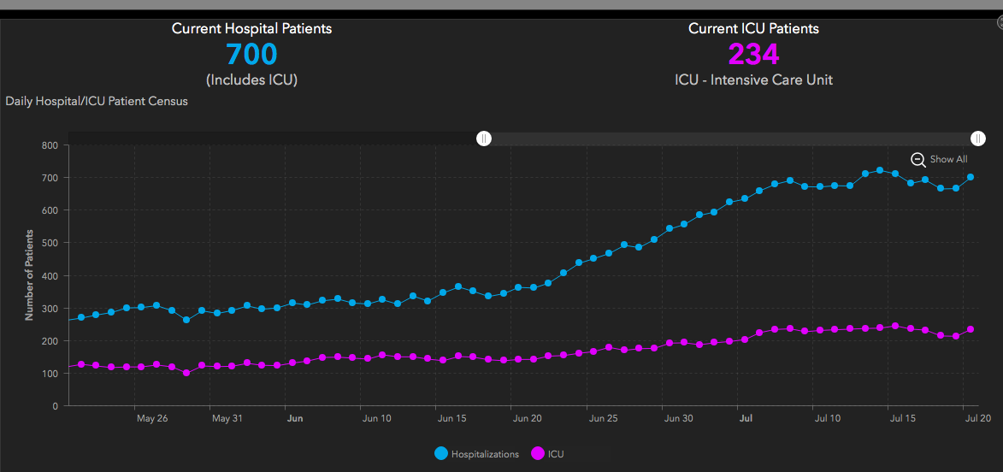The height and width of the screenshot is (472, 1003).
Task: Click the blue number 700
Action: (251, 55)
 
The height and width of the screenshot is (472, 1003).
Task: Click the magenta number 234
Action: (753, 55)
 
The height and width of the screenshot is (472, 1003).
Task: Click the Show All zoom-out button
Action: (939, 159)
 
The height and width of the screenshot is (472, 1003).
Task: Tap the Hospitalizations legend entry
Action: (476, 454)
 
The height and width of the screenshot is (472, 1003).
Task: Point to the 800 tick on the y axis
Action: (49, 145)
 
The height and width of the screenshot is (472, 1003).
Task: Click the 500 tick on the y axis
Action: (49, 243)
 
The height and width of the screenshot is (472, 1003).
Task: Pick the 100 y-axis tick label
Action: (49, 374)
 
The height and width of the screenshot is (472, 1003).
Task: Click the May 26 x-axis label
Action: (151, 419)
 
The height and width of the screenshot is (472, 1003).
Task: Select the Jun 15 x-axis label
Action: (451, 419)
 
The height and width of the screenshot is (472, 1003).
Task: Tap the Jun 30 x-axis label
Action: (678, 419)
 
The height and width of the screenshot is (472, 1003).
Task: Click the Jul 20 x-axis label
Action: (978, 419)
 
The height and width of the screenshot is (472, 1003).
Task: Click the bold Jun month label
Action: (295, 419)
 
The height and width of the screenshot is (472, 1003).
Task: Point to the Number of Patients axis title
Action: (29, 275)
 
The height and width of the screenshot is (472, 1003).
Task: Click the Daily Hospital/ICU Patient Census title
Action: (97, 101)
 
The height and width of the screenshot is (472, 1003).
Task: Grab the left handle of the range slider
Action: (484, 139)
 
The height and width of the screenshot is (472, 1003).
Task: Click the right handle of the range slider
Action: (978, 139)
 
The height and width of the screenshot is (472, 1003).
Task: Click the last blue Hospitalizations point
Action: (971, 178)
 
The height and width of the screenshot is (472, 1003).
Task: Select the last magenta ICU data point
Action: (971, 329)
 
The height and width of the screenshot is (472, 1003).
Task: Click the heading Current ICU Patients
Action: (753, 28)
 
